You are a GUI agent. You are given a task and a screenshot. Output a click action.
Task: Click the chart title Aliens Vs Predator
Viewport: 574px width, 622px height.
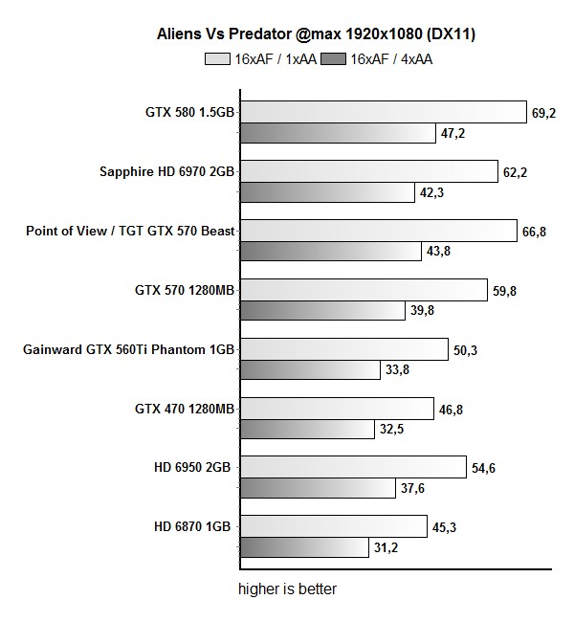point(317,34)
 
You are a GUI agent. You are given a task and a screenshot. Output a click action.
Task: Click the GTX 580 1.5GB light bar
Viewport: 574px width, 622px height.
point(383,112)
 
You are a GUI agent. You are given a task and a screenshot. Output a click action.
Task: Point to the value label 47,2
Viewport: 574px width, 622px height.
point(453,133)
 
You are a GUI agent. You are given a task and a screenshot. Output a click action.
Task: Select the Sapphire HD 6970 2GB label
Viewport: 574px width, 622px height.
point(167,172)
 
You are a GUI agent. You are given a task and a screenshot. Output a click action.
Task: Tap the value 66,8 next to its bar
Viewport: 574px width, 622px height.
point(533,232)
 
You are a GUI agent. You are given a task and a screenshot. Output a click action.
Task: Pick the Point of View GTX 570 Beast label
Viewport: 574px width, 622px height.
point(130,232)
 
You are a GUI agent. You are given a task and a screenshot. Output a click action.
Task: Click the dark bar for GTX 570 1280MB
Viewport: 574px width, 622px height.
point(321,311)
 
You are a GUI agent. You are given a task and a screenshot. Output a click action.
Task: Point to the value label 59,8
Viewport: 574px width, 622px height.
point(504,291)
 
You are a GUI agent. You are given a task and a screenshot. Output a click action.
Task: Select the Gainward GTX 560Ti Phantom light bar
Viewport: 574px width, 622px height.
point(343,349)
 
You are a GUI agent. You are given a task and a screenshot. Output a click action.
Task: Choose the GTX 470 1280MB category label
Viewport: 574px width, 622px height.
point(186,409)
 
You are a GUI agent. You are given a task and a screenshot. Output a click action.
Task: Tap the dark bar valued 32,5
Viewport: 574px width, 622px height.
point(306,430)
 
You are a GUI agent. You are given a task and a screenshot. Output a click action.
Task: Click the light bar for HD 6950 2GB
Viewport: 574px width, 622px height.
point(353,468)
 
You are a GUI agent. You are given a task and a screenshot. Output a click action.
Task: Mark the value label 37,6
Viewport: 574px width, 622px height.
point(413,489)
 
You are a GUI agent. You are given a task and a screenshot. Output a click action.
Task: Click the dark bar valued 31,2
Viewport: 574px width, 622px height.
point(303,547)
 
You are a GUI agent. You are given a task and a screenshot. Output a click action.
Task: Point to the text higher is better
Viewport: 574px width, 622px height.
point(287,589)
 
